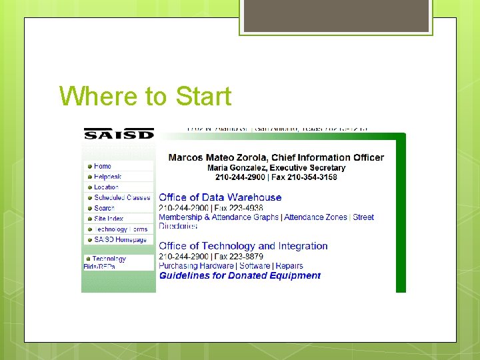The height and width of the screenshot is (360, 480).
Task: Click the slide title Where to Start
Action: tap(145, 97)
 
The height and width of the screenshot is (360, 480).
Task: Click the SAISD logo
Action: tap(119, 133)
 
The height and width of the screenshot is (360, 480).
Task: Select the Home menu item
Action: tap(103, 166)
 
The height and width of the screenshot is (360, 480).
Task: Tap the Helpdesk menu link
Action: tap(107, 177)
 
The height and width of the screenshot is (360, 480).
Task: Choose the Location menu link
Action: tap(106, 187)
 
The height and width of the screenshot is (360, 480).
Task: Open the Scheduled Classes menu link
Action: tap(122, 197)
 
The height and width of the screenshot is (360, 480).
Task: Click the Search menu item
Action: tap(104, 208)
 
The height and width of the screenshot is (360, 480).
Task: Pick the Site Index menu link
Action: tap(109, 219)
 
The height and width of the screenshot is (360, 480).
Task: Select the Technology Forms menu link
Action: tap(121, 229)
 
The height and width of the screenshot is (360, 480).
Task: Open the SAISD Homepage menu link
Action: tap(121, 239)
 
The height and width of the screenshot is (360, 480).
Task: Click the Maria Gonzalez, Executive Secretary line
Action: tap(276, 168)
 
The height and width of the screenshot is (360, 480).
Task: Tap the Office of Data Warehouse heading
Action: tap(220, 197)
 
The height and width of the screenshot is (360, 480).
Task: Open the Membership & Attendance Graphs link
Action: tap(219, 217)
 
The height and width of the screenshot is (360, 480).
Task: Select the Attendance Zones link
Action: tap(315, 217)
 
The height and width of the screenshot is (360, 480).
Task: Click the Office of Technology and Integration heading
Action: tap(243, 246)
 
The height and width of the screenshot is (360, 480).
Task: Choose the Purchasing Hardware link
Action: tap(197, 266)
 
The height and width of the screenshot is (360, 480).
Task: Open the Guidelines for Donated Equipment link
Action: tap(239, 275)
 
